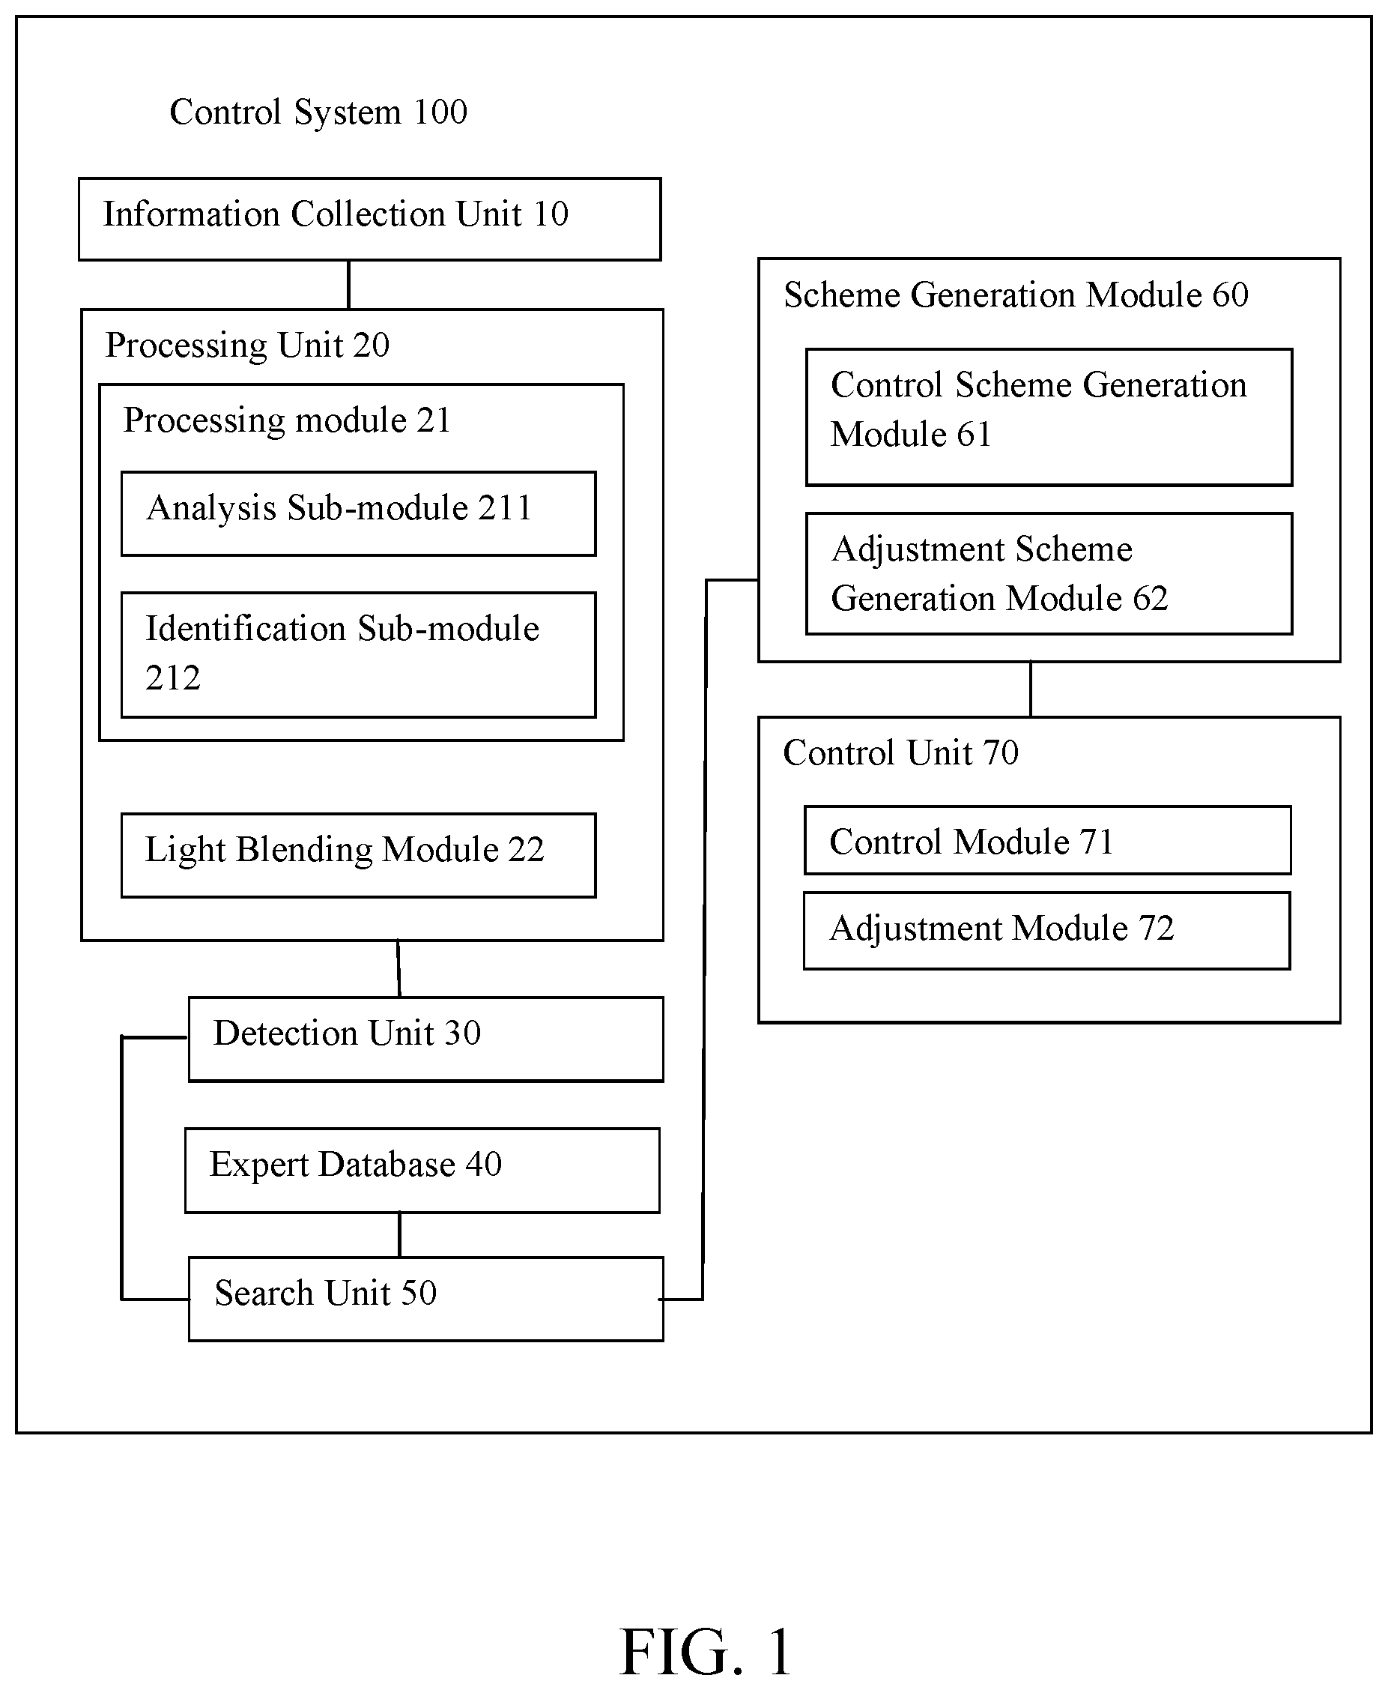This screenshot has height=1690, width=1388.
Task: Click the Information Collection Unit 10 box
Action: tap(369, 219)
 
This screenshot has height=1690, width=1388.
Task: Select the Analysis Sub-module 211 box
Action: tap(358, 513)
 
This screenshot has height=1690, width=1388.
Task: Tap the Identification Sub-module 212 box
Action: tap(358, 655)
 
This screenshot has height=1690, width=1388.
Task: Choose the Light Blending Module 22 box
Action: tap(358, 855)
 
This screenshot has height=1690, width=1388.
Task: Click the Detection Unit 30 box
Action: tap(425, 1039)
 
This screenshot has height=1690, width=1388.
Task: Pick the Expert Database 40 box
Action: tap(422, 1170)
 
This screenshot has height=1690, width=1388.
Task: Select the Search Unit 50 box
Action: tap(425, 1299)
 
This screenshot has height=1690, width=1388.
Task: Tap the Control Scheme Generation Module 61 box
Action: tap(1049, 417)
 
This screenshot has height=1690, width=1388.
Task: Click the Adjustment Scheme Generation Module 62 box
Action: tap(1049, 573)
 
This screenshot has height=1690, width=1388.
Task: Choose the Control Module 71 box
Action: tap(1047, 840)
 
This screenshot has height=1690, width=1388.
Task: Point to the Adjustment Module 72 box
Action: tap(1046, 931)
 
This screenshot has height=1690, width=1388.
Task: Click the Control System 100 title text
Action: tap(318, 112)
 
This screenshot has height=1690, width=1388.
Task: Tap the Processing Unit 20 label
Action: tap(247, 345)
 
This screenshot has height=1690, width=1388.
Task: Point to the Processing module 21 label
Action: tap(287, 420)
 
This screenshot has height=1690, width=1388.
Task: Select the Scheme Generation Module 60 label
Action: tap(1016, 295)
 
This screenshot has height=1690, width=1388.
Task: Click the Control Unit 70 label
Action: tap(900, 752)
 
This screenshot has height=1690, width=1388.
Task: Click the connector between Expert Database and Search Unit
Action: tap(400, 1235)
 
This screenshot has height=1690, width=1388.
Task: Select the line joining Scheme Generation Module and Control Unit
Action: tap(1031, 689)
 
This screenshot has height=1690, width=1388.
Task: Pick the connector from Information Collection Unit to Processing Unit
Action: tap(348, 285)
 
